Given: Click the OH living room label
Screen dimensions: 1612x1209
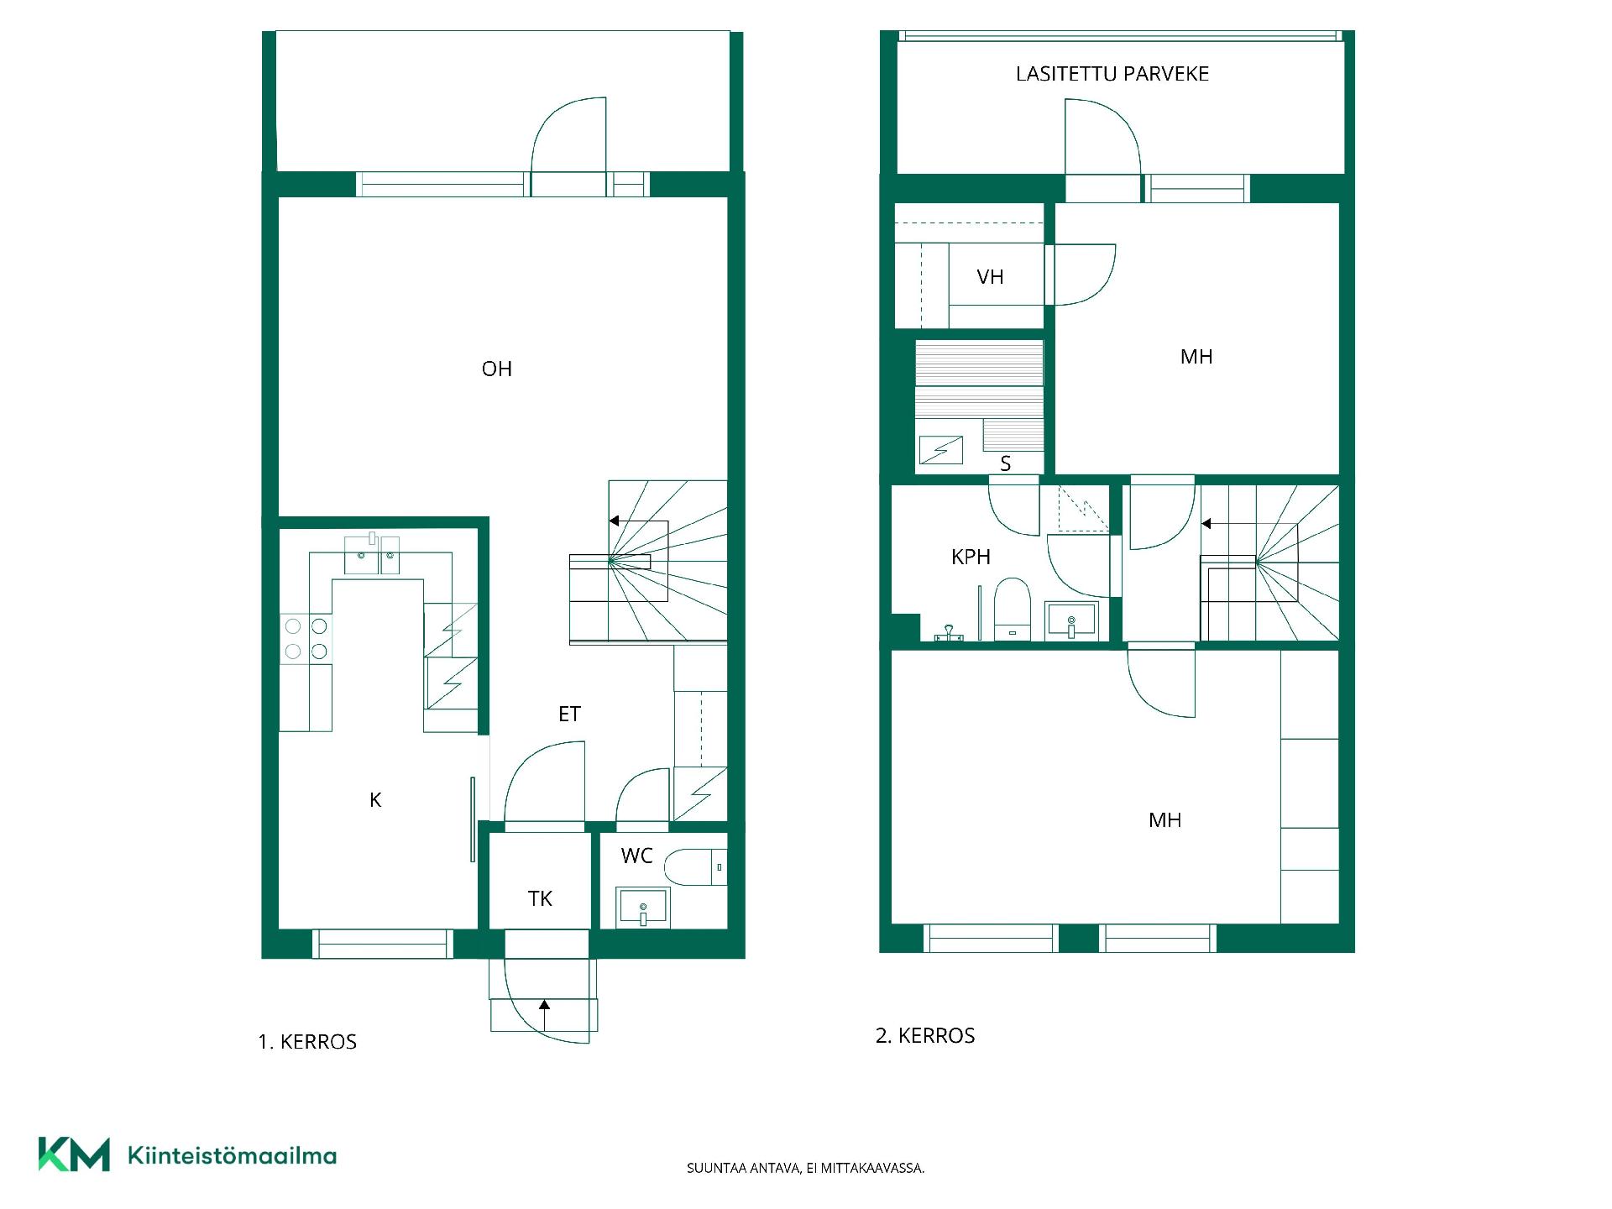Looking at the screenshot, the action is click(x=497, y=369).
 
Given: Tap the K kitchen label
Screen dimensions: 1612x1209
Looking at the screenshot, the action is click(x=375, y=800).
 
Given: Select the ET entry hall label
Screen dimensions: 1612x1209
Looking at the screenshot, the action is click(x=569, y=714).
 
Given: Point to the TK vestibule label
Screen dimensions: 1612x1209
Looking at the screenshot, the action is click(x=540, y=899).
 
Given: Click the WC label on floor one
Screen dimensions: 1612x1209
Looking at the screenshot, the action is click(x=636, y=856).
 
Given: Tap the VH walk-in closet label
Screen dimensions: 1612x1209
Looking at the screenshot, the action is click(x=990, y=277).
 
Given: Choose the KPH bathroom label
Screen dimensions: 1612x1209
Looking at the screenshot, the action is click(x=971, y=557).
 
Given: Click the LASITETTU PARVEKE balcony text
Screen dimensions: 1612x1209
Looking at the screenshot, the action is click(x=1112, y=74).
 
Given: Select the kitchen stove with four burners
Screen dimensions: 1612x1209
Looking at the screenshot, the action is click(x=306, y=639).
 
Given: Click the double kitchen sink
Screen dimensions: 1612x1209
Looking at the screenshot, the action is click(x=373, y=554).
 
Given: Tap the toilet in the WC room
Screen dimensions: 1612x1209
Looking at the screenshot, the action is click(x=695, y=866).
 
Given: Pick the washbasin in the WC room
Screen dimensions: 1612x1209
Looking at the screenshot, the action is click(x=643, y=908).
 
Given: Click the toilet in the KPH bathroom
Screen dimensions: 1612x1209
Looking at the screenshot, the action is click(x=1012, y=609).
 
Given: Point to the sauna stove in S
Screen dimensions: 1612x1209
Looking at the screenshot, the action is click(x=940, y=450).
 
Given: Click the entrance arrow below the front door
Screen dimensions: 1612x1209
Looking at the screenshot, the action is click(x=544, y=1015).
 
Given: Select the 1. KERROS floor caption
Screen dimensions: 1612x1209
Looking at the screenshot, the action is click(x=307, y=1042).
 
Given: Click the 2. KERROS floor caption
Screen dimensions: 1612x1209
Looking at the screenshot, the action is click(x=925, y=1036).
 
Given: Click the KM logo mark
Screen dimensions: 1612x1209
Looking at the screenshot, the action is click(x=74, y=1154).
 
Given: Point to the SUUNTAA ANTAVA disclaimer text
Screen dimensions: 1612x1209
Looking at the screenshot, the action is click(x=806, y=1168).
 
